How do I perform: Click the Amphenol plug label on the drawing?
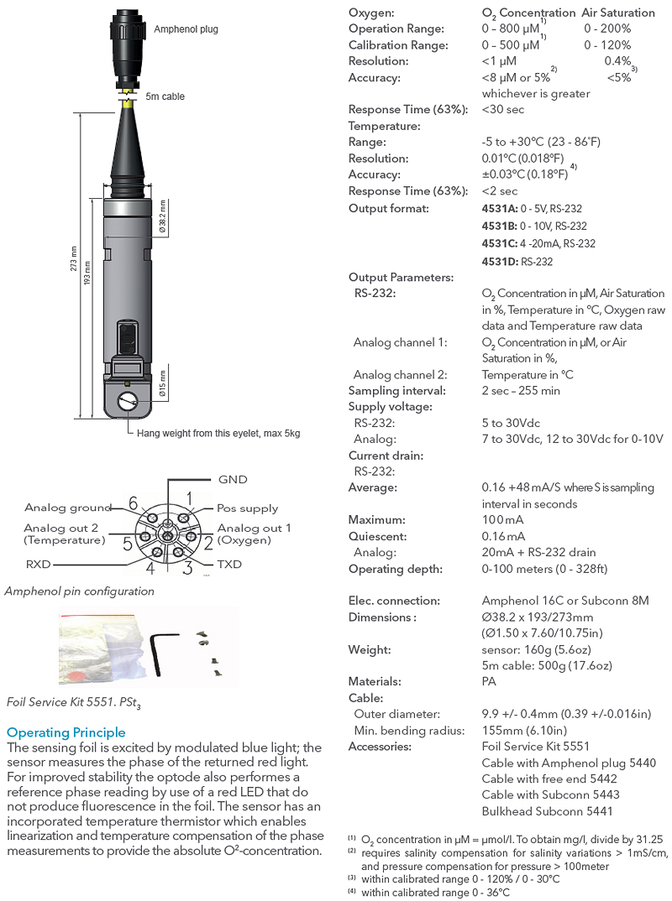coord(186,29)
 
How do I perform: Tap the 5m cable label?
coord(165,96)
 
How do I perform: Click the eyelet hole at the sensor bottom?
coord(129,402)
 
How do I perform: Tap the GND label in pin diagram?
coord(233,479)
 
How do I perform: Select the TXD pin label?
coord(230,564)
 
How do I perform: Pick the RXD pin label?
coord(39,564)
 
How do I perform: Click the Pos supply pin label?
coord(247,508)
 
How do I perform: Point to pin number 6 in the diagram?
coord(133,503)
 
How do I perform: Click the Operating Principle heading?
coord(66,732)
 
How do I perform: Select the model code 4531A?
coord(500,208)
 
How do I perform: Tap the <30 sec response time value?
coord(503,110)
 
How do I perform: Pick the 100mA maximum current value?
coord(503,520)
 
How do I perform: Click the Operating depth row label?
coord(395,569)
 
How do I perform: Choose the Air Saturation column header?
coord(618,13)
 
